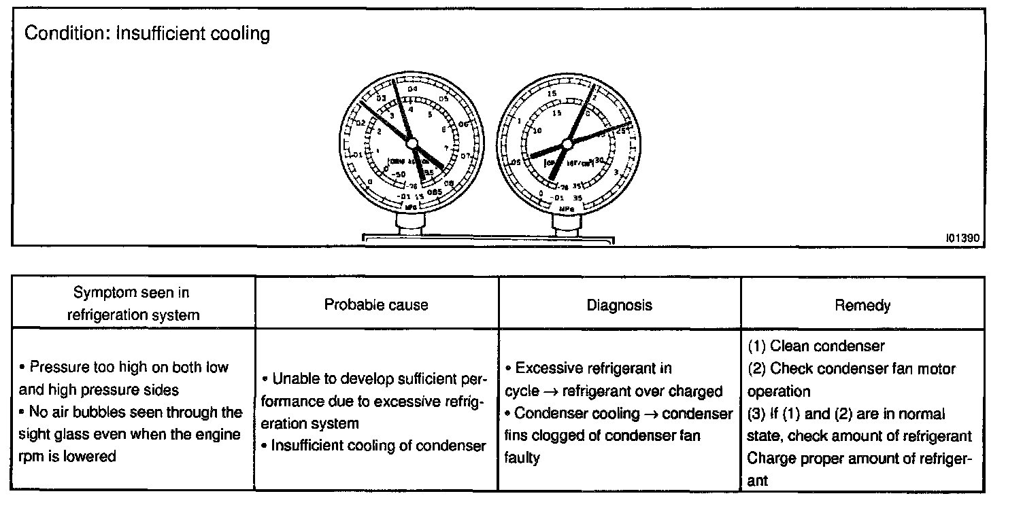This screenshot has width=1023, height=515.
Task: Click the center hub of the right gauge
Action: (x=567, y=143)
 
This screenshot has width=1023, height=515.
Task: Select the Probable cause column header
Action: (x=376, y=304)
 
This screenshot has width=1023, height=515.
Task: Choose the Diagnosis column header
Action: (x=619, y=305)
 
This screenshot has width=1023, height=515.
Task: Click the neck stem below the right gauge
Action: (x=566, y=224)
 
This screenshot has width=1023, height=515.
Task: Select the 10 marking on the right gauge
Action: (x=537, y=130)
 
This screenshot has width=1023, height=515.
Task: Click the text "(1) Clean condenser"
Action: (x=816, y=346)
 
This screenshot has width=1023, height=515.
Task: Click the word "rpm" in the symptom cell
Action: (x=30, y=457)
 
